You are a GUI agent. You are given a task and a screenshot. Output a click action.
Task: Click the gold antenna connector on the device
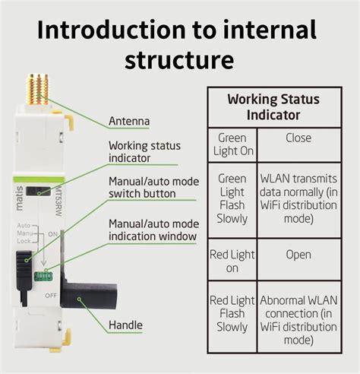[x=35, y=89]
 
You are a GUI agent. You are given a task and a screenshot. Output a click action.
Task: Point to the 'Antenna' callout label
[x=128, y=120]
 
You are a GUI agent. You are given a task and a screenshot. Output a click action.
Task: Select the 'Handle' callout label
[x=125, y=325]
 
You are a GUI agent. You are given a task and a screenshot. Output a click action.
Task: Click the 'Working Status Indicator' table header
[x=273, y=106]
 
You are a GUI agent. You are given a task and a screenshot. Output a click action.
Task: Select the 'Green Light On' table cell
[x=232, y=144]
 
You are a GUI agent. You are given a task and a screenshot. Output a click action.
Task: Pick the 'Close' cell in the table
[x=298, y=138]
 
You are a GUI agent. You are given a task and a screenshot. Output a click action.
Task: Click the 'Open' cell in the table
[x=298, y=255]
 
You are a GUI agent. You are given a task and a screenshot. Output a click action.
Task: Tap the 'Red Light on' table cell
[x=232, y=261]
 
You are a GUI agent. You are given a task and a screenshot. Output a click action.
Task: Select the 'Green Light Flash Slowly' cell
[x=232, y=198]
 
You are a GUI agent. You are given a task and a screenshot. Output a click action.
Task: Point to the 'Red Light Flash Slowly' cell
[x=232, y=315]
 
